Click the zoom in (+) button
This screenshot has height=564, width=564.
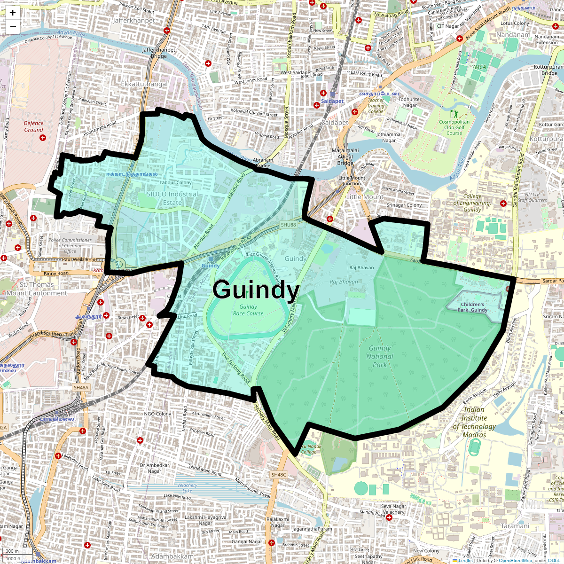coord(13,13)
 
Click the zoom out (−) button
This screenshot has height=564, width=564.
coord(13,27)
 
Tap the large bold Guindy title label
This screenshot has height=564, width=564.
coord(256,290)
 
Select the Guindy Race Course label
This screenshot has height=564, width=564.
coord(248,310)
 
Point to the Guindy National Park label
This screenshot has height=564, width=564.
coord(380,356)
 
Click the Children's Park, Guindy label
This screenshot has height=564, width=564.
coord(472,307)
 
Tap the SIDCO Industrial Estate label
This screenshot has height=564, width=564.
coord(172,198)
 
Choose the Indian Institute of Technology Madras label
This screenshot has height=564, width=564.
coord(474,422)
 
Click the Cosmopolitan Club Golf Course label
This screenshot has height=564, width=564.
coord(454,127)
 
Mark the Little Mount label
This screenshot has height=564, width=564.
coord(365,197)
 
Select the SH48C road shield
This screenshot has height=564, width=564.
coord(278,475)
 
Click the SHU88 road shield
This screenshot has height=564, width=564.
coord(289,225)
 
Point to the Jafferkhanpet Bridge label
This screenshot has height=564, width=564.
coord(159,53)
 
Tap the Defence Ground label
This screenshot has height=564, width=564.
coord(33,126)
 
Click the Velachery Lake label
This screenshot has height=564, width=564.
coord(187,488)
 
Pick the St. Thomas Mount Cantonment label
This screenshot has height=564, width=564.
coord(37,289)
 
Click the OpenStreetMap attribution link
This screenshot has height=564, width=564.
coord(515,560)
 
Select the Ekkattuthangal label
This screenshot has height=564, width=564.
coord(144,84)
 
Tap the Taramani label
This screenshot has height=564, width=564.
coord(515,526)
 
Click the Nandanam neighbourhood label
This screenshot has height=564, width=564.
coord(513,35)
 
